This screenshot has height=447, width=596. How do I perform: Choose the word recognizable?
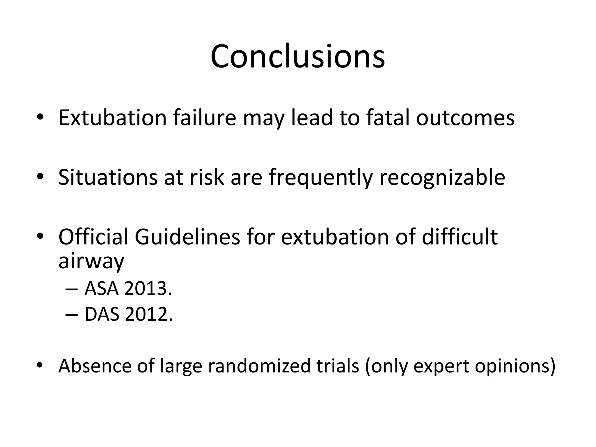click(442, 178)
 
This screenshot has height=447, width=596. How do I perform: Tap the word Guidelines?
click(187, 237)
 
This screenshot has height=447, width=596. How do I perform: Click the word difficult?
click(460, 237)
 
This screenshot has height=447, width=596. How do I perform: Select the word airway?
click(91, 261)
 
